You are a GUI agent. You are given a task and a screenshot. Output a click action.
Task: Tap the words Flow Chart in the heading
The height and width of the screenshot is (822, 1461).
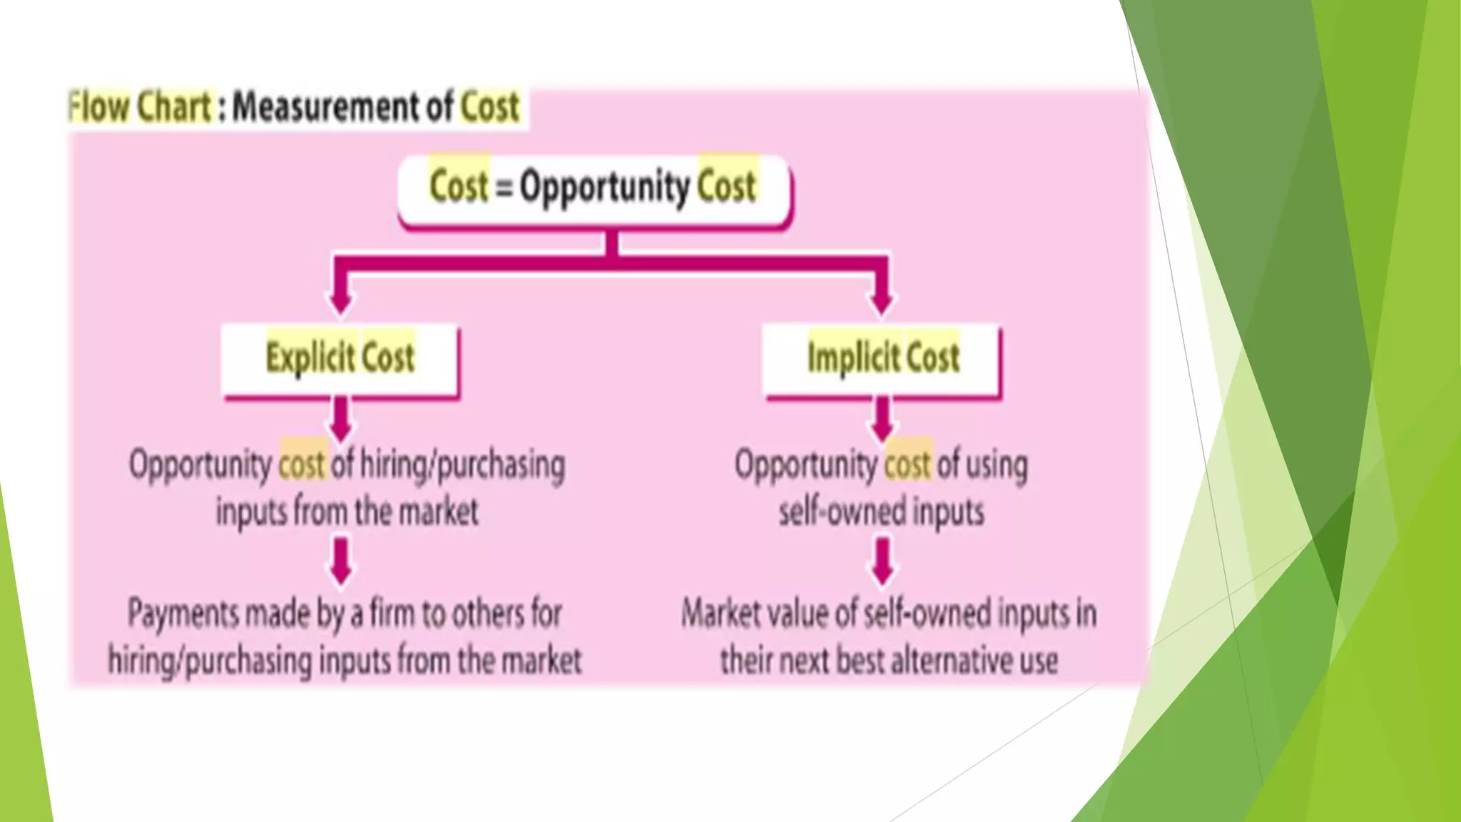click(140, 107)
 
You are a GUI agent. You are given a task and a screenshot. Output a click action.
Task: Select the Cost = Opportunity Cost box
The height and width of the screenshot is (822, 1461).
click(594, 189)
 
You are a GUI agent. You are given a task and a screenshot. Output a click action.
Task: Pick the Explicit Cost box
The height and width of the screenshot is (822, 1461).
click(340, 358)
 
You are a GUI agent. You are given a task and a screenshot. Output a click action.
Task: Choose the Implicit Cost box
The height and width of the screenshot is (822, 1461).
click(882, 358)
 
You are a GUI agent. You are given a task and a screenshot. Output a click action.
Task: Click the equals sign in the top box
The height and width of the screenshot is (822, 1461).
click(504, 188)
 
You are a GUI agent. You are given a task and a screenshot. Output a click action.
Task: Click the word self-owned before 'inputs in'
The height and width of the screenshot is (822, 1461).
click(927, 614)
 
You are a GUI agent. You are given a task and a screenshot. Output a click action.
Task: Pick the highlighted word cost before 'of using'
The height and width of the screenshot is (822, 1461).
click(907, 465)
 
